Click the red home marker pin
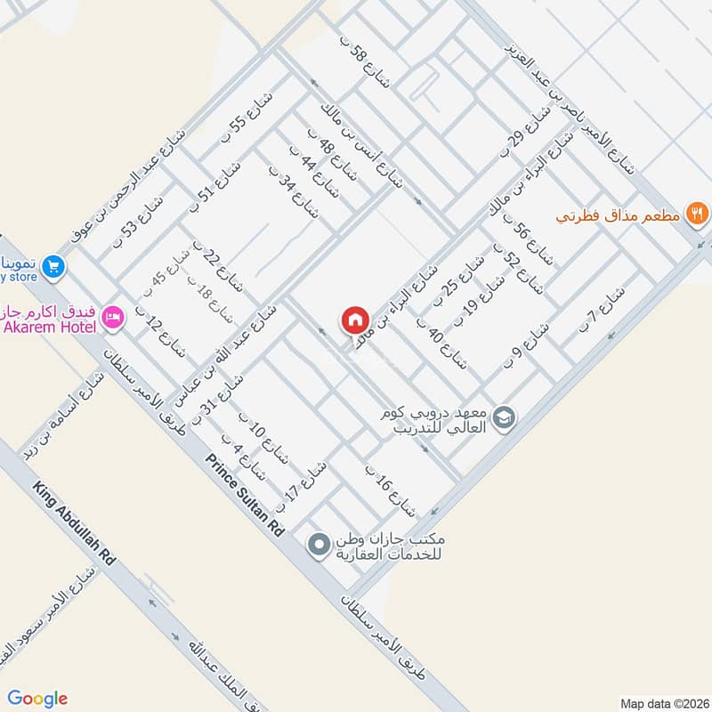tap(353, 320)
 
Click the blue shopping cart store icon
tap(53, 265)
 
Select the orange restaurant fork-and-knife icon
tap(698, 214)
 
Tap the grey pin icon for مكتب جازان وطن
tap(318, 543)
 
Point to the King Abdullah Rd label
tap(75, 525)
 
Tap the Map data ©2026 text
tap(662, 702)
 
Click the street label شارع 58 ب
tap(366, 63)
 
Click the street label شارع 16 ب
tap(391, 490)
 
